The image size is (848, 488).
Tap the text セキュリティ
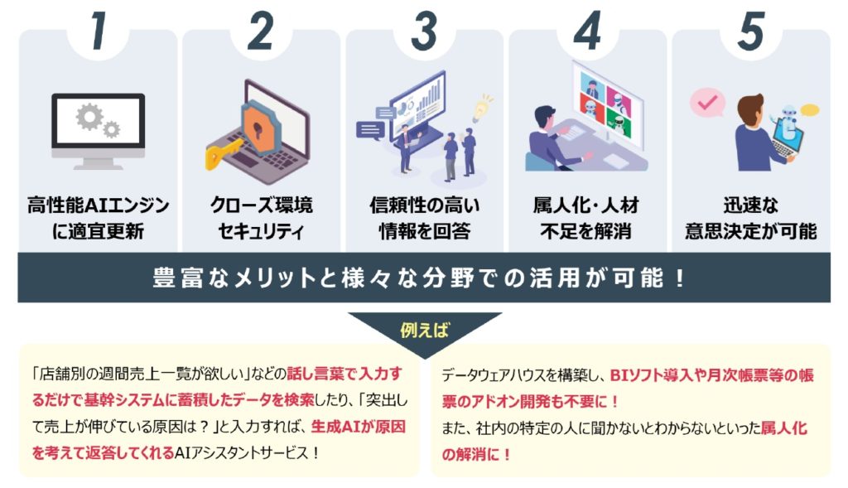coord(261,231)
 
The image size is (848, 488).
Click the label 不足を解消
coord(586,231)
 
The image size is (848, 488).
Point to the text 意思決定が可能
coord(749,231)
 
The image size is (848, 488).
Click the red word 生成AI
coord(335,428)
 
